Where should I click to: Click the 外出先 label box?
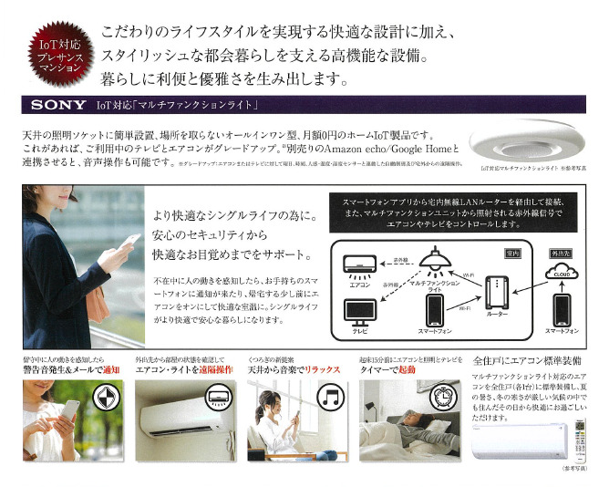click(555, 247)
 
